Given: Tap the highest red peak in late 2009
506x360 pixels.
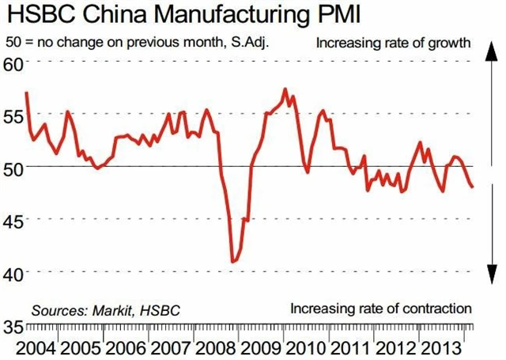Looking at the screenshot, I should [x=285, y=89].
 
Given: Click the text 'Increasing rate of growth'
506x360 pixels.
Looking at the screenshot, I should [x=393, y=42].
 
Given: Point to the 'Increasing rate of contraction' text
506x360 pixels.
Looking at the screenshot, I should [x=381, y=308].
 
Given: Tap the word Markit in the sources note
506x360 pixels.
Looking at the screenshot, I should [x=114, y=310].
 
